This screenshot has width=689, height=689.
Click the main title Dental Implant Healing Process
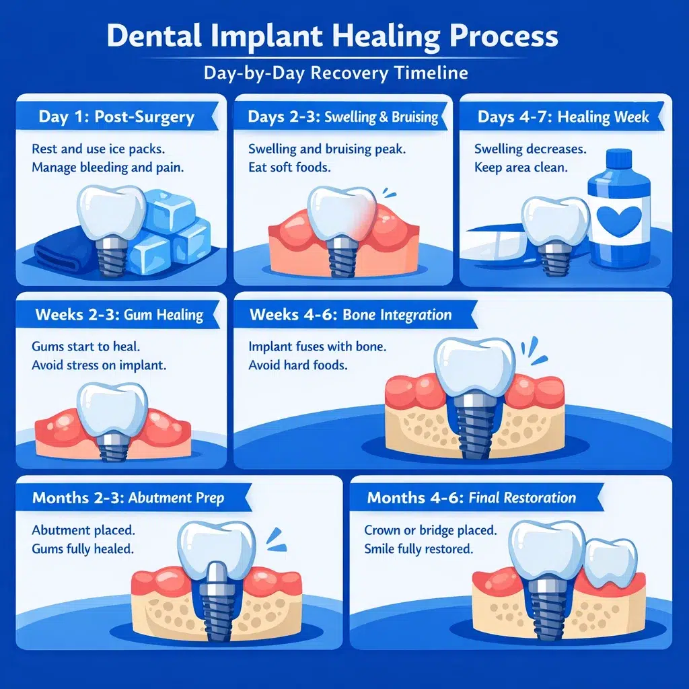332,36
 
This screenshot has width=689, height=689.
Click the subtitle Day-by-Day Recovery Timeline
336,72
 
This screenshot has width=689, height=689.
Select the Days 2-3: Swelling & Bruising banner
342,116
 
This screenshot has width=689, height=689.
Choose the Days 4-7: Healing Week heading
563,116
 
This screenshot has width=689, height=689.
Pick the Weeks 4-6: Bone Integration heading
351,315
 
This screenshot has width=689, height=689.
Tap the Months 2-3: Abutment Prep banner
128,499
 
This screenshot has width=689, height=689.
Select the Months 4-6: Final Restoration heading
471,499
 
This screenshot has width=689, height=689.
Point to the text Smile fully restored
419,548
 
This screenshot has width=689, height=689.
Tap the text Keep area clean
521,167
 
